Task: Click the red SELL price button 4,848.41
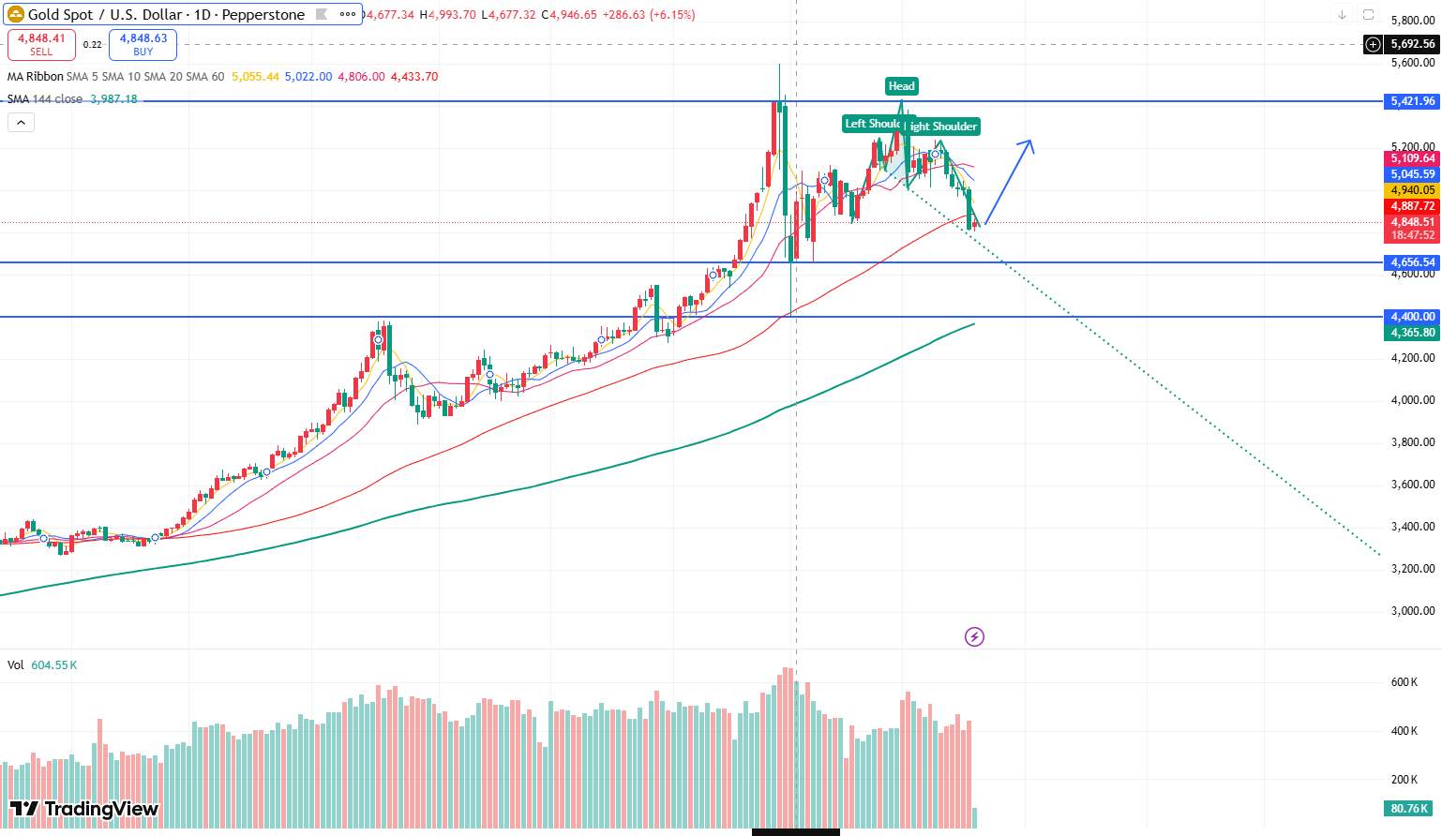coord(41,44)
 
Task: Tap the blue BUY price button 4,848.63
coord(143,44)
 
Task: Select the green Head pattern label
coord(901,86)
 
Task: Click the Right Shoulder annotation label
coord(943,127)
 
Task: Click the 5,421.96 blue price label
coord(1412,101)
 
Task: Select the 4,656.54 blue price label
coord(1412,262)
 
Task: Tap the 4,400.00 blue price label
coord(1412,317)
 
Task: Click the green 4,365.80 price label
coord(1412,333)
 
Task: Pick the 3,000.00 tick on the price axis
coord(1412,611)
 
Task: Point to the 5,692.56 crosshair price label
coord(1412,44)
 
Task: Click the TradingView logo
coord(84,809)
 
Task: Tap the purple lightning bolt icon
coord(974,637)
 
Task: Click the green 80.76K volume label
coord(1409,809)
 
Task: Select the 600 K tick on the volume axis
coord(1404,682)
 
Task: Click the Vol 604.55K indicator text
coord(42,665)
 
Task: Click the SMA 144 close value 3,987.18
coord(113,99)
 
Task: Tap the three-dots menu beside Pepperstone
coord(348,14)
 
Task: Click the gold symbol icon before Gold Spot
coord(16,14)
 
